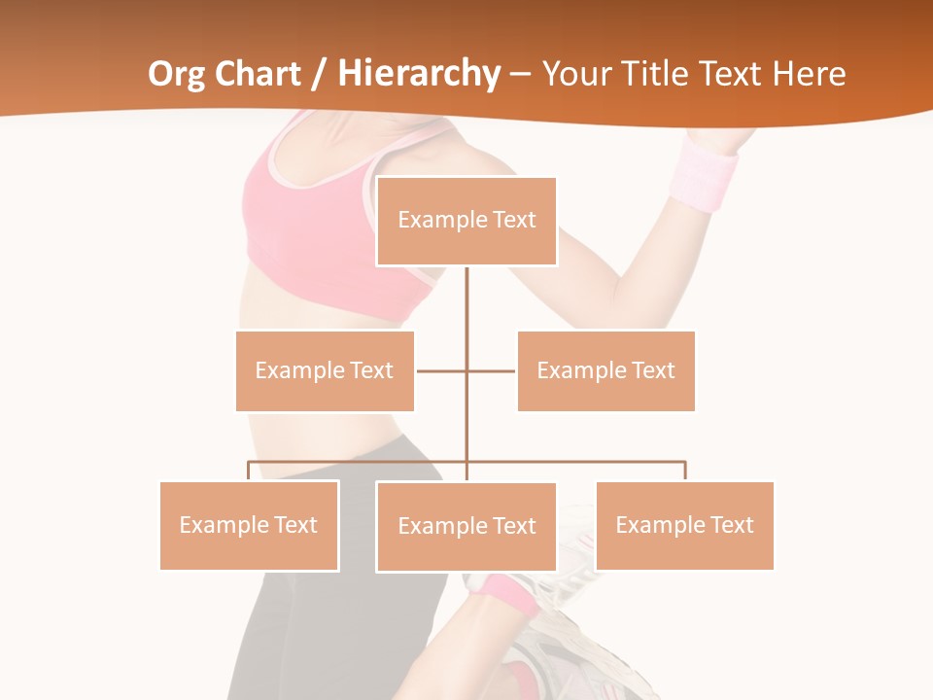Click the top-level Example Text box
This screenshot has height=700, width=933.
click(x=466, y=221)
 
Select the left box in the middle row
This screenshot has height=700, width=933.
click(x=325, y=370)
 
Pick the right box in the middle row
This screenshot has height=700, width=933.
click(x=605, y=370)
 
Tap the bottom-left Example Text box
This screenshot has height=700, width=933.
click(x=249, y=525)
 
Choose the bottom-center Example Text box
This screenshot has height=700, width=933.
click(x=466, y=526)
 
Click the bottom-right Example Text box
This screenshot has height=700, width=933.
click(x=684, y=525)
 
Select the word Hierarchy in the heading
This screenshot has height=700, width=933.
click(x=418, y=74)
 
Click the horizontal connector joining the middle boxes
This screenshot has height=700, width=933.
click(x=442, y=370)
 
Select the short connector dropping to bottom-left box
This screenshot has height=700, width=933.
click(x=249, y=471)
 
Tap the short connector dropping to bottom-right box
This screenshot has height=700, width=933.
click(x=684, y=471)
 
